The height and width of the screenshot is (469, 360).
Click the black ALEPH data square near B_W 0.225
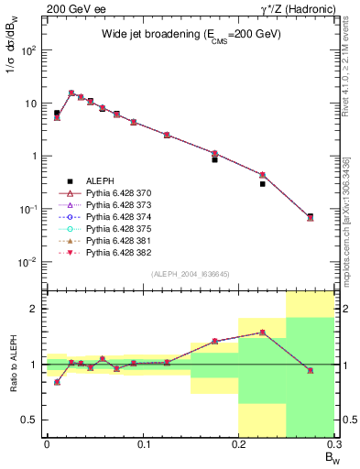click(262, 184)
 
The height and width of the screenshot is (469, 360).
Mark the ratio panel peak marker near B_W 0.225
click(262, 333)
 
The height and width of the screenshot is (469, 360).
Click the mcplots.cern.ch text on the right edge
click(351, 197)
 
